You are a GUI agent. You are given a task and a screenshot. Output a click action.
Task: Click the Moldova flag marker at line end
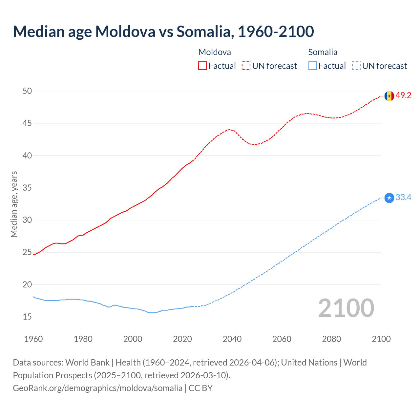[389, 96]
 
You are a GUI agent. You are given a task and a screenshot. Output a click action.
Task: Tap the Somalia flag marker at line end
[389, 198]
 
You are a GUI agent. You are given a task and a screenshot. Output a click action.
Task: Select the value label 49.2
[403, 95]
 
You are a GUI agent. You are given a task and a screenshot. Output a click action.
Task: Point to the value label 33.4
[403, 198]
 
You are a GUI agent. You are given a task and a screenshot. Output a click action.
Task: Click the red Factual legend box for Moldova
[202, 66]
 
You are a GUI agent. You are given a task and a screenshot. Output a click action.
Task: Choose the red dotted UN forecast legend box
[246, 66]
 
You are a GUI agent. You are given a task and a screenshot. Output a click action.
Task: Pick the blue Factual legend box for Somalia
[313, 66]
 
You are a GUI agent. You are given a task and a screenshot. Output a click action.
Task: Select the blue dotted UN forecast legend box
[356, 66]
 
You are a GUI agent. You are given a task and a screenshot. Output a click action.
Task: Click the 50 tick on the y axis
[27, 91]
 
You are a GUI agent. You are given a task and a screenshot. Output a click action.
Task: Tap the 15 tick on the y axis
[27, 317]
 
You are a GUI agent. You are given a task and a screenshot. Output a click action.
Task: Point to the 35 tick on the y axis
[27, 188]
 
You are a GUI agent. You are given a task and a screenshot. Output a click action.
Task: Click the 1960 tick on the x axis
[33, 339]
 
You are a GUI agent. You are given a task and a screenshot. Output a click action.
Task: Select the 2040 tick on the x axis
[232, 339]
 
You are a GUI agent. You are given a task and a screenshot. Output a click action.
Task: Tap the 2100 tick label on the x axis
[381, 339]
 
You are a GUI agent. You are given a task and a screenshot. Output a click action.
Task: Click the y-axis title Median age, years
[14, 204]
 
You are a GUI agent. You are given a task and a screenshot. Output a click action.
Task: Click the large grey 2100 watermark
[346, 308]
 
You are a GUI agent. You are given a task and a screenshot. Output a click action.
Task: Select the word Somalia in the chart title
[205, 31]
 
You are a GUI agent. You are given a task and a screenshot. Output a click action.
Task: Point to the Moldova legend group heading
[215, 52]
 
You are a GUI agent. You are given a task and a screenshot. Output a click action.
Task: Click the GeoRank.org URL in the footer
[97, 388]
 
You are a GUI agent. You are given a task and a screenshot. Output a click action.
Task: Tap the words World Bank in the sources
[87, 363]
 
